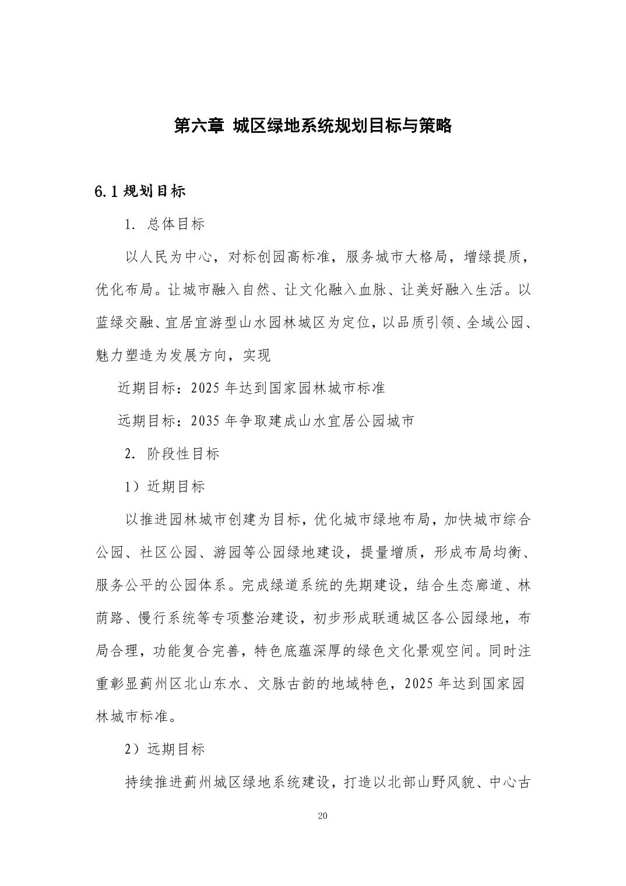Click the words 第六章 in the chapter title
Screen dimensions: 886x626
click(x=199, y=125)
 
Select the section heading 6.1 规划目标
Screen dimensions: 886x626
click(x=140, y=191)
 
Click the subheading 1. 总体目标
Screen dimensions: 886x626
click(x=165, y=224)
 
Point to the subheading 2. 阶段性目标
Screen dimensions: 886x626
click(x=172, y=453)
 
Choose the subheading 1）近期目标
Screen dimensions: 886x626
click(x=165, y=486)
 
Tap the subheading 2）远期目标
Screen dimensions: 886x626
click(x=165, y=749)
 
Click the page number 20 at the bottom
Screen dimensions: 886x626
click(x=323, y=815)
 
